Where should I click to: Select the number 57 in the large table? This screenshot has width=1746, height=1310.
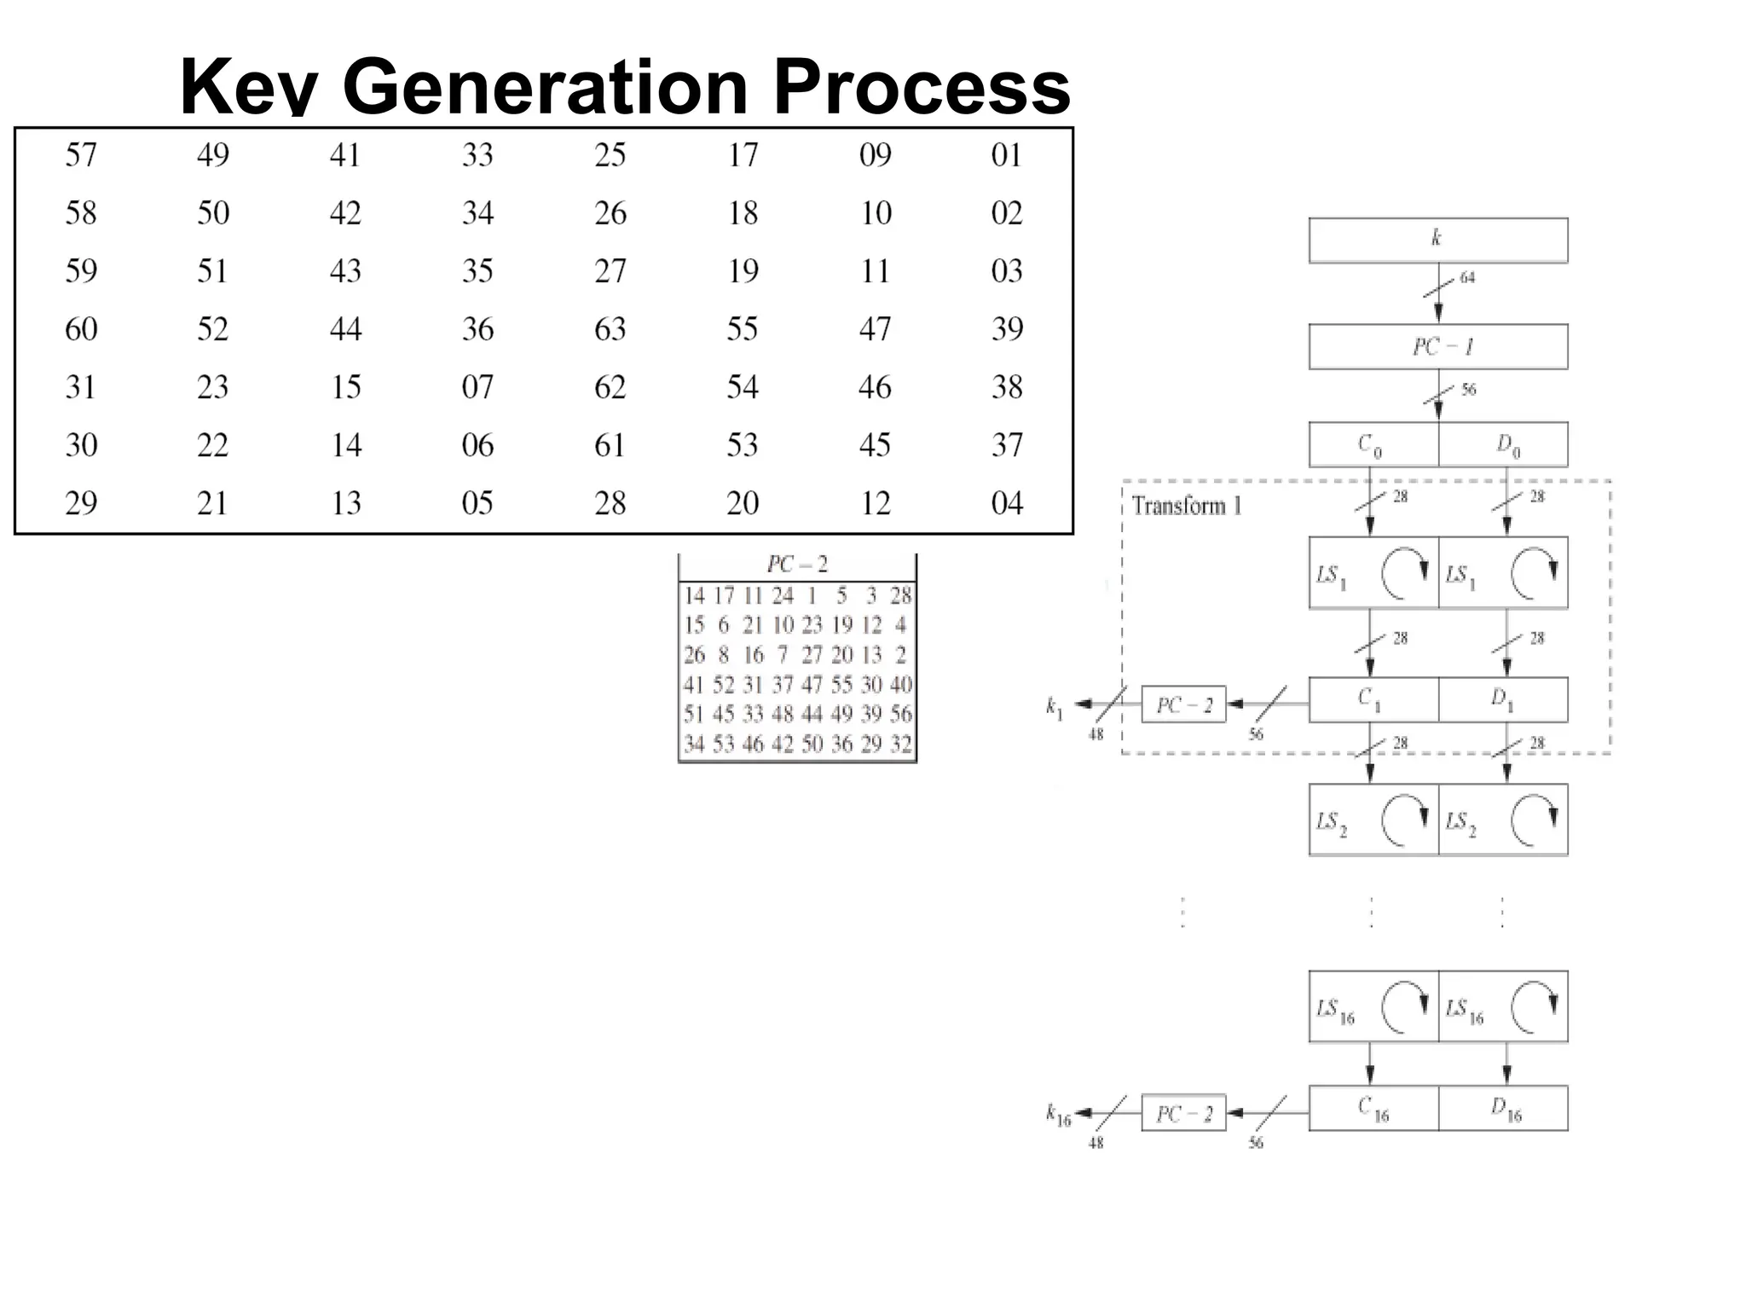pyautogui.click(x=81, y=155)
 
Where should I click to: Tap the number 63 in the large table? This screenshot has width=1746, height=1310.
pyautogui.click(x=610, y=329)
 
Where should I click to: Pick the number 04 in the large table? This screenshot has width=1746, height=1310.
pyautogui.click(x=1007, y=503)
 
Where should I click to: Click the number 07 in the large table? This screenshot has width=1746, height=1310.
pyautogui.click(x=477, y=387)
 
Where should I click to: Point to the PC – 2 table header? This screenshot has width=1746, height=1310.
pyautogui.click(x=797, y=565)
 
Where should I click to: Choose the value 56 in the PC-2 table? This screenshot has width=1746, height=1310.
pyautogui.click(x=901, y=714)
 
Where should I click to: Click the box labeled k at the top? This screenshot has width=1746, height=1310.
pyautogui.click(x=1437, y=240)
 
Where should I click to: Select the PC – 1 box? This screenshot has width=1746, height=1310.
pyautogui.click(x=1437, y=346)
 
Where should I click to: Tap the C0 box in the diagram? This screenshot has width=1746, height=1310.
pyautogui.click(x=1373, y=444)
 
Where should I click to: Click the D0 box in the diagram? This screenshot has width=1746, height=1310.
pyautogui.click(x=1504, y=444)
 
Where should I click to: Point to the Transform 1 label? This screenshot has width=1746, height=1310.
pyautogui.click(x=1186, y=506)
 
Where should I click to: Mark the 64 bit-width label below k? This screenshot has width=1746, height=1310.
pyautogui.click(x=1467, y=278)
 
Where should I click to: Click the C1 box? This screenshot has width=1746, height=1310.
pyautogui.click(x=1373, y=699)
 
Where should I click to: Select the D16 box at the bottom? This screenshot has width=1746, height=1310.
pyautogui.click(x=1504, y=1108)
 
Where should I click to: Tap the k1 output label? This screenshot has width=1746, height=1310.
pyautogui.click(x=1055, y=707)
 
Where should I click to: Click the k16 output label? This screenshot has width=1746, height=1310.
pyautogui.click(x=1058, y=1114)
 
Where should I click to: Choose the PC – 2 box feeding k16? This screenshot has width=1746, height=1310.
pyautogui.click(x=1183, y=1113)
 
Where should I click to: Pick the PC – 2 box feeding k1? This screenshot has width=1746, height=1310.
pyautogui.click(x=1183, y=704)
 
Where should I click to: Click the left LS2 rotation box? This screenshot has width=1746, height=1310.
pyautogui.click(x=1373, y=820)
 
